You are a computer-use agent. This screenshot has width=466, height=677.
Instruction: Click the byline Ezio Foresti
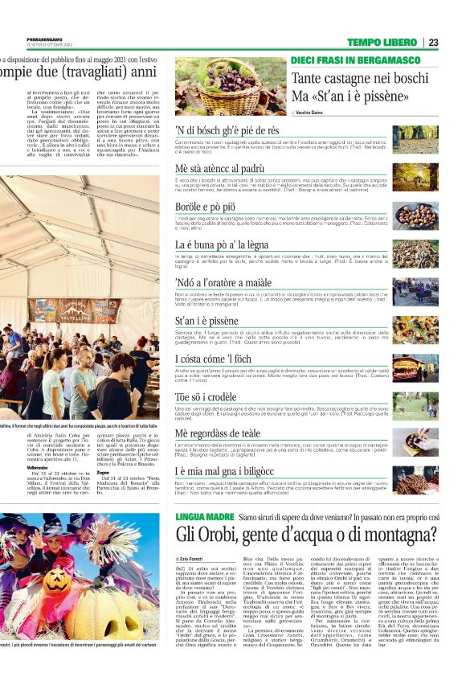(194, 557)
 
